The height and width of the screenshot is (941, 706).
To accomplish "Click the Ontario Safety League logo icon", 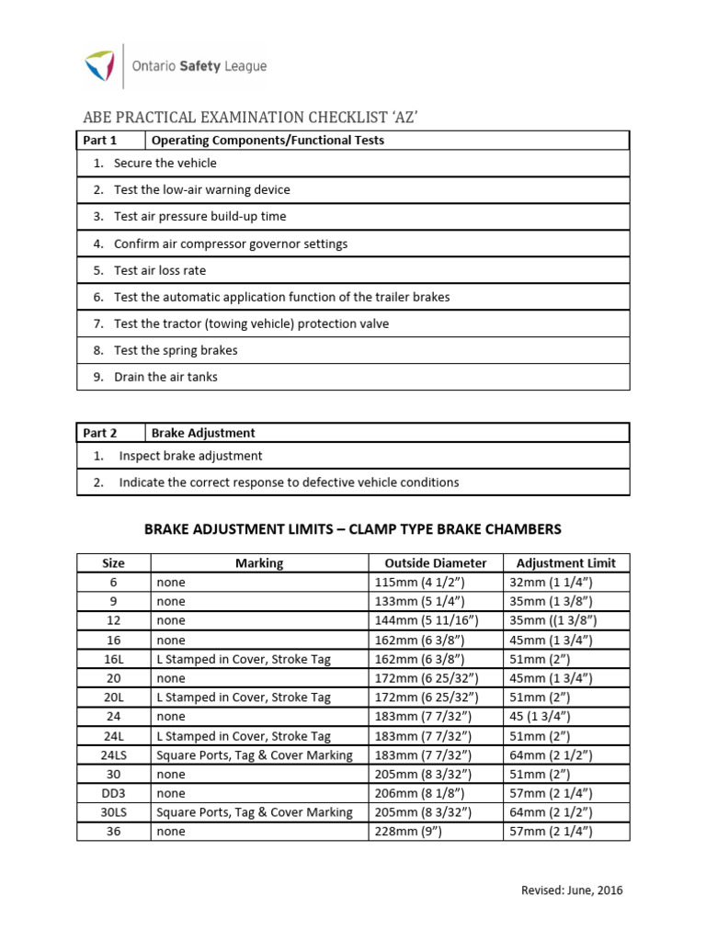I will point(99,66).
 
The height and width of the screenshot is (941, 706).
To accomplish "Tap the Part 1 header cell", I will point(100,141).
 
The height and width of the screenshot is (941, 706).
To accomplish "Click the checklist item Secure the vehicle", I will point(165,163).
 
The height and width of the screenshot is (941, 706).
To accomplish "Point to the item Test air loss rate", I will point(160,270).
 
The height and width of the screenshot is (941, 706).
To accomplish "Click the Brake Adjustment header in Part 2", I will point(203,433).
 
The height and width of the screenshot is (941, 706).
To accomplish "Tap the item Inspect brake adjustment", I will point(190,456).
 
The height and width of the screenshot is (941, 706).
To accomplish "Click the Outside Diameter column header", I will point(436,563).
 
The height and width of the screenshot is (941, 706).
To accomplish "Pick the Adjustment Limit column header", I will point(566,563).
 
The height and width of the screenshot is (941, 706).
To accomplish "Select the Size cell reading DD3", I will point(113,793).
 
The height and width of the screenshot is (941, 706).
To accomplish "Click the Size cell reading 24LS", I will point(113,754).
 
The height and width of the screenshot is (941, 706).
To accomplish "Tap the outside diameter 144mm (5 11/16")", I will point(424,620).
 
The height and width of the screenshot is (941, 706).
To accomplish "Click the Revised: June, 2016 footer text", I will point(571,890).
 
